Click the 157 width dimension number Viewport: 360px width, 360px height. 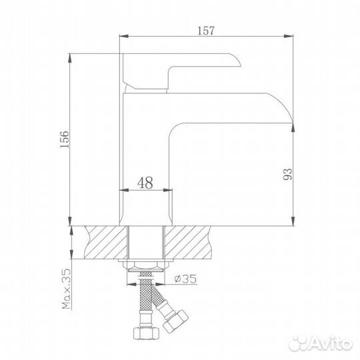tap(206, 31)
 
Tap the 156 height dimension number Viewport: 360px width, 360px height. tap(65, 139)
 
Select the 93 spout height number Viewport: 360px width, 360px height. tap(288, 174)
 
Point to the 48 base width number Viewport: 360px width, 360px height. tap(145, 183)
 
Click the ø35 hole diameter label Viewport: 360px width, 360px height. tap(185, 279)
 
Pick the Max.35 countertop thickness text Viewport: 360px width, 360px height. tap(67, 289)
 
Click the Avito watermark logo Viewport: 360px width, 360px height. tap(321, 344)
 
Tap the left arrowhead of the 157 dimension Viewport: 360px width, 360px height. tap(124, 36)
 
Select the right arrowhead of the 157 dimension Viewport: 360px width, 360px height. tap(289, 36)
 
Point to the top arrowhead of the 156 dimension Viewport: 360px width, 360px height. tap(70, 58)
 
